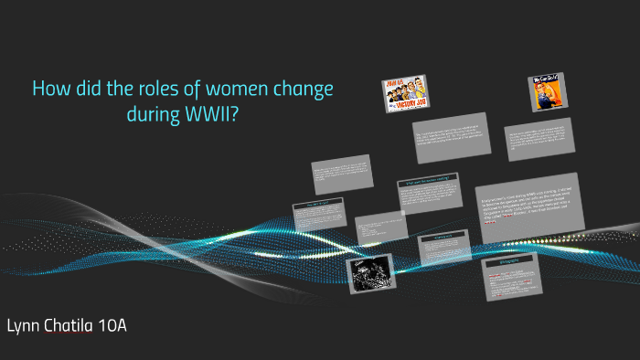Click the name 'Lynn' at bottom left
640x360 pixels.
[25, 325]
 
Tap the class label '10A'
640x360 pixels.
[112, 325]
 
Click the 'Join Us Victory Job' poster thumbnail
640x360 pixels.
[405, 94]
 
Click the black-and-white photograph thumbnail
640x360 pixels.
[368, 271]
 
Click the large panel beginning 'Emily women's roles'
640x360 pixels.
[529, 206]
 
